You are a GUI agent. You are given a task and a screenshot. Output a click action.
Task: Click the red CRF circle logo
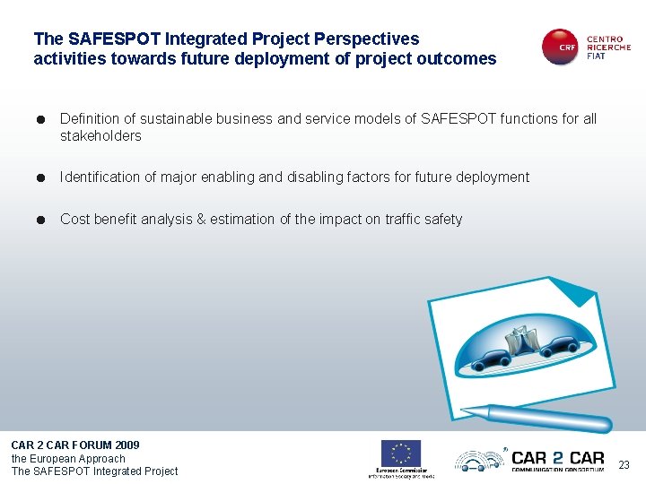[x=560, y=48]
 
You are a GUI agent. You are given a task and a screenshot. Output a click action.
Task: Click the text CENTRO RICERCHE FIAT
[x=608, y=48]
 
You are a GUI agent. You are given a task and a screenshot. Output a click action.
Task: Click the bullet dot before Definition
[x=42, y=119]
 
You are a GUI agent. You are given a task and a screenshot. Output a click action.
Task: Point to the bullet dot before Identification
[x=42, y=177]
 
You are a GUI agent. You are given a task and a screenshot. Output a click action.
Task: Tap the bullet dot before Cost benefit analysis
[x=42, y=220]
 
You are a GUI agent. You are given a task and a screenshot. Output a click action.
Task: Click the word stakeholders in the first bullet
[x=100, y=136]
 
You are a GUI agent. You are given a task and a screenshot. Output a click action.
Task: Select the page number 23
[x=624, y=464]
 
